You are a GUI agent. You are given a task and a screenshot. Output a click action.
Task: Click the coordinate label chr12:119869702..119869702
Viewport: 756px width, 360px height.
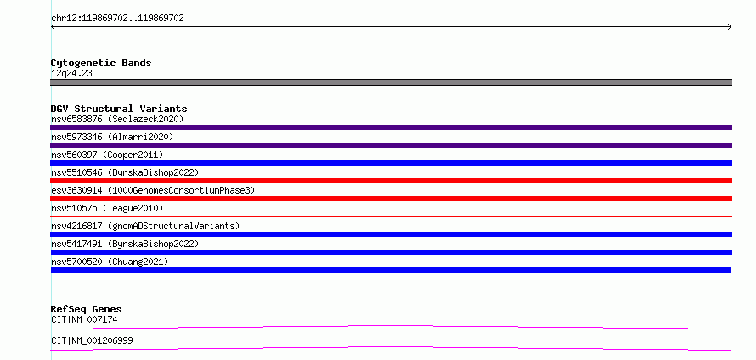(x=117, y=19)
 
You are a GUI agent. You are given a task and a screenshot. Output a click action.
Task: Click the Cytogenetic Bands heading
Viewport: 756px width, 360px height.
(x=101, y=63)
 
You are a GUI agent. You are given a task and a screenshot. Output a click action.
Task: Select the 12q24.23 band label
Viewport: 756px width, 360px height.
(x=71, y=73)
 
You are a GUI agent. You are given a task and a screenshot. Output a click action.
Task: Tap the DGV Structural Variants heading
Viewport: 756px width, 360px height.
(x=119, y=109)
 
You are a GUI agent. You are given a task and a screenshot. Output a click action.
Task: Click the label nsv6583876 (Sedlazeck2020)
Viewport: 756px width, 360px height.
(x=117, y=119)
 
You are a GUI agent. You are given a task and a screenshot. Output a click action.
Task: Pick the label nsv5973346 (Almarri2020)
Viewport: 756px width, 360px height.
(x=112, y=137)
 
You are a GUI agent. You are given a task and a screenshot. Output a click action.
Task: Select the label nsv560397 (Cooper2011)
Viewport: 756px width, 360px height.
(x=107, y=155)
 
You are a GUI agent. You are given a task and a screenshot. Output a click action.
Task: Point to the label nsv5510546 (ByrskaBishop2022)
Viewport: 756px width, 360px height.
(x=125, y=172)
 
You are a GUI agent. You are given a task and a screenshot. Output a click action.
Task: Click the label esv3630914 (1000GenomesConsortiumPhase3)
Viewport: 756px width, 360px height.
(x=153, y=190)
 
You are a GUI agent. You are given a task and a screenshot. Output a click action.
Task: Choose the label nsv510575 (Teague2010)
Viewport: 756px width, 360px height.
(x=107, y=208)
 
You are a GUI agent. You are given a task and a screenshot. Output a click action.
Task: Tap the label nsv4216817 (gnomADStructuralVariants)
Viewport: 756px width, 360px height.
(x=145, y=226)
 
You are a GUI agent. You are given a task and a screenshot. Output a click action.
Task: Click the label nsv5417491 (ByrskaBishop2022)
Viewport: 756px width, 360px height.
(x=125, y=244)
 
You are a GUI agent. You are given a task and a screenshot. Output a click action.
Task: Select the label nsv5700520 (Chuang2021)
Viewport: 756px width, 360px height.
(x=110, y=262)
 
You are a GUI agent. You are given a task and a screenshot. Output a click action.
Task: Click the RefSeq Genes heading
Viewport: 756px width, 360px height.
(x=87, y=309)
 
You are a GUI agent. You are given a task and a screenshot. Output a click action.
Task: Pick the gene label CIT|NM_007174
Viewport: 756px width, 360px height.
(x=84, y=319)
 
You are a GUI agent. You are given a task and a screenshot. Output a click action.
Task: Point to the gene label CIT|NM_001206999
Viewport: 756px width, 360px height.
(x=92, y=340)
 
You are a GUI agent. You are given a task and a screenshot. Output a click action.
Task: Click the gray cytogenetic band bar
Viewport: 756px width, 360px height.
(x=391, y=82)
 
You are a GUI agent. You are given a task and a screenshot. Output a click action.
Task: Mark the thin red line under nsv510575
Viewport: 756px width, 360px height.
(x=391, y=217)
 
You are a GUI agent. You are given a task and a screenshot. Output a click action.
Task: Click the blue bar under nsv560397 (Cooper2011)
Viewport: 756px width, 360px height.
(x=391, y=163)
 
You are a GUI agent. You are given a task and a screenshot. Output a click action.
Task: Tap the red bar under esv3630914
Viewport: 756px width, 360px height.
(x=391, y=199)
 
